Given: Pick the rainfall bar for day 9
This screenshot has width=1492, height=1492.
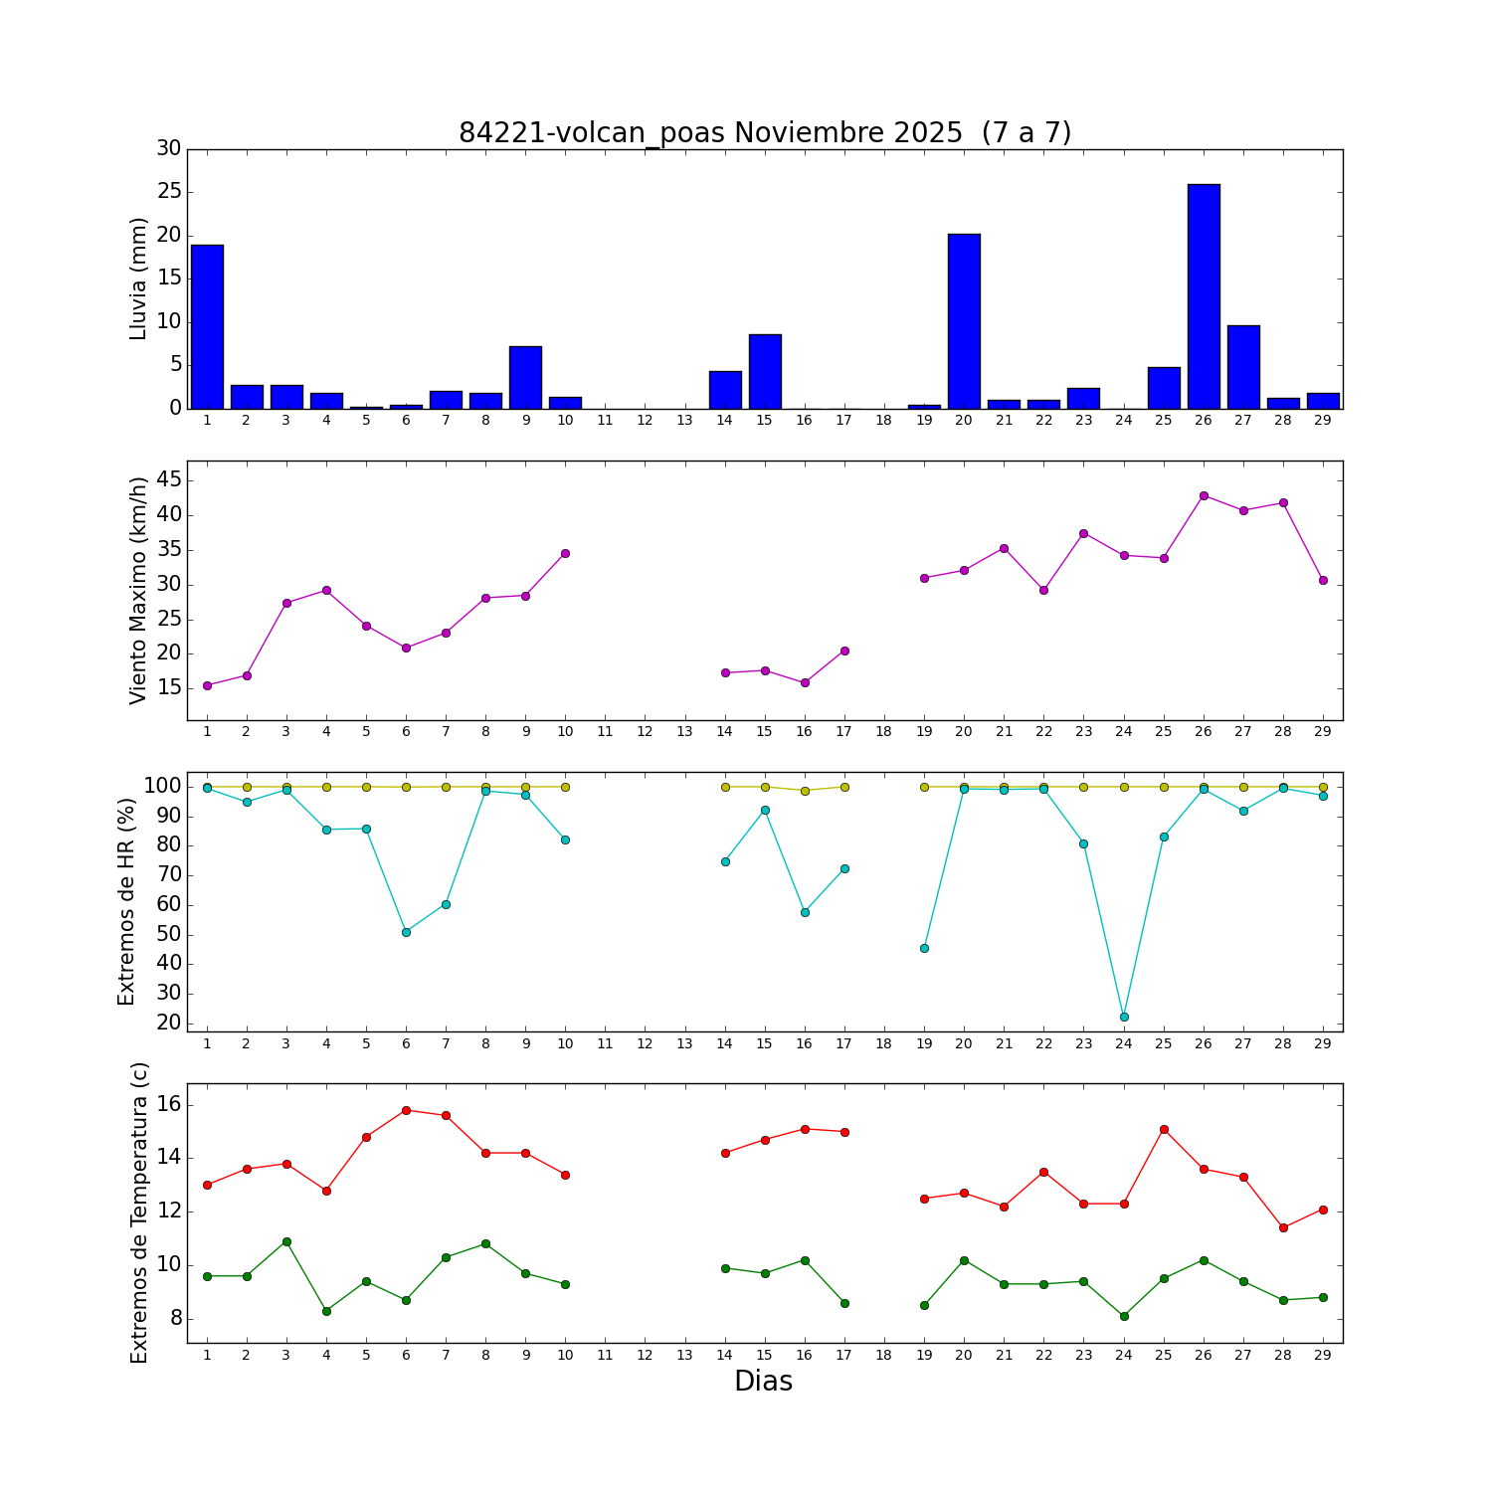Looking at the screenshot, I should coord(525,377).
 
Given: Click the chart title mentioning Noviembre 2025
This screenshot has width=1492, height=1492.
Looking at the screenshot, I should coord(765,133).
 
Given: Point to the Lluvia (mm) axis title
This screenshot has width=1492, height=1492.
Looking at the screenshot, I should coord(138,279).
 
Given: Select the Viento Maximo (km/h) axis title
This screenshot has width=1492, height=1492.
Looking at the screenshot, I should coord(138,590).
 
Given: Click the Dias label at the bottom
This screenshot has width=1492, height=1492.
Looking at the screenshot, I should coord(763,1381).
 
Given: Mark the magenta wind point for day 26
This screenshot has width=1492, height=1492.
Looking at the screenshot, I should coord(1204,495).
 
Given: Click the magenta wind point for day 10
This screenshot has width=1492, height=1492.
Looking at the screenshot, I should coord(565,553).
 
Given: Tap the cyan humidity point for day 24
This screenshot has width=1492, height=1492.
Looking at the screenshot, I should coord(1124,1017).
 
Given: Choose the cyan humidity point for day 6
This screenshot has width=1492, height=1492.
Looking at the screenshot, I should coord(406,932).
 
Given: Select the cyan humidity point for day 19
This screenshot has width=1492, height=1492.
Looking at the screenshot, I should coord(924,948).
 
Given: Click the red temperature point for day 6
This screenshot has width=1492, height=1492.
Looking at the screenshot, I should coord(406,1110).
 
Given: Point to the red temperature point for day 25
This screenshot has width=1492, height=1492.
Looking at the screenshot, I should coord(1164,1129).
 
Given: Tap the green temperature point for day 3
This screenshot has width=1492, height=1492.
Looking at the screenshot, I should coord(286,1241).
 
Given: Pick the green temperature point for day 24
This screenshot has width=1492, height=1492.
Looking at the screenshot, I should coord(1124,1316).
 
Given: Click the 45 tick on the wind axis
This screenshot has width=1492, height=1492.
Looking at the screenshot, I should coord(169,480).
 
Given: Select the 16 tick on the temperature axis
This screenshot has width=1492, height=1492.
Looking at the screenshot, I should coord(169,1104).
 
